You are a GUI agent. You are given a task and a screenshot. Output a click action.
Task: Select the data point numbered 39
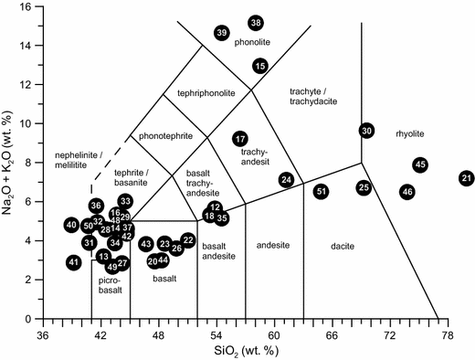(222, 33)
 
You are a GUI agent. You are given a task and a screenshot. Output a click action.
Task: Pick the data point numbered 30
(366, 132)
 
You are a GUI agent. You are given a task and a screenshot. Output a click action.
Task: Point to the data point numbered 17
(240, 139)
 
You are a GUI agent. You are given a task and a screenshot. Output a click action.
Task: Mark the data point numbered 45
(420, 165)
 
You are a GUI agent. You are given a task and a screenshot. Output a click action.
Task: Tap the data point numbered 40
(71, 225)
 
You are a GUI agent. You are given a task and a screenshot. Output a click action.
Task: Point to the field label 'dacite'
(341, 246)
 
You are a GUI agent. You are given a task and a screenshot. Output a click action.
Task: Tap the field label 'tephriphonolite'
(199, 93)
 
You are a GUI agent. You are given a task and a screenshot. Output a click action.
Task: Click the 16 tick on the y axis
(26, 6)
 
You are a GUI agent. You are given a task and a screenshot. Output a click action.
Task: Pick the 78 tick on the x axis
(448, 334)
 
